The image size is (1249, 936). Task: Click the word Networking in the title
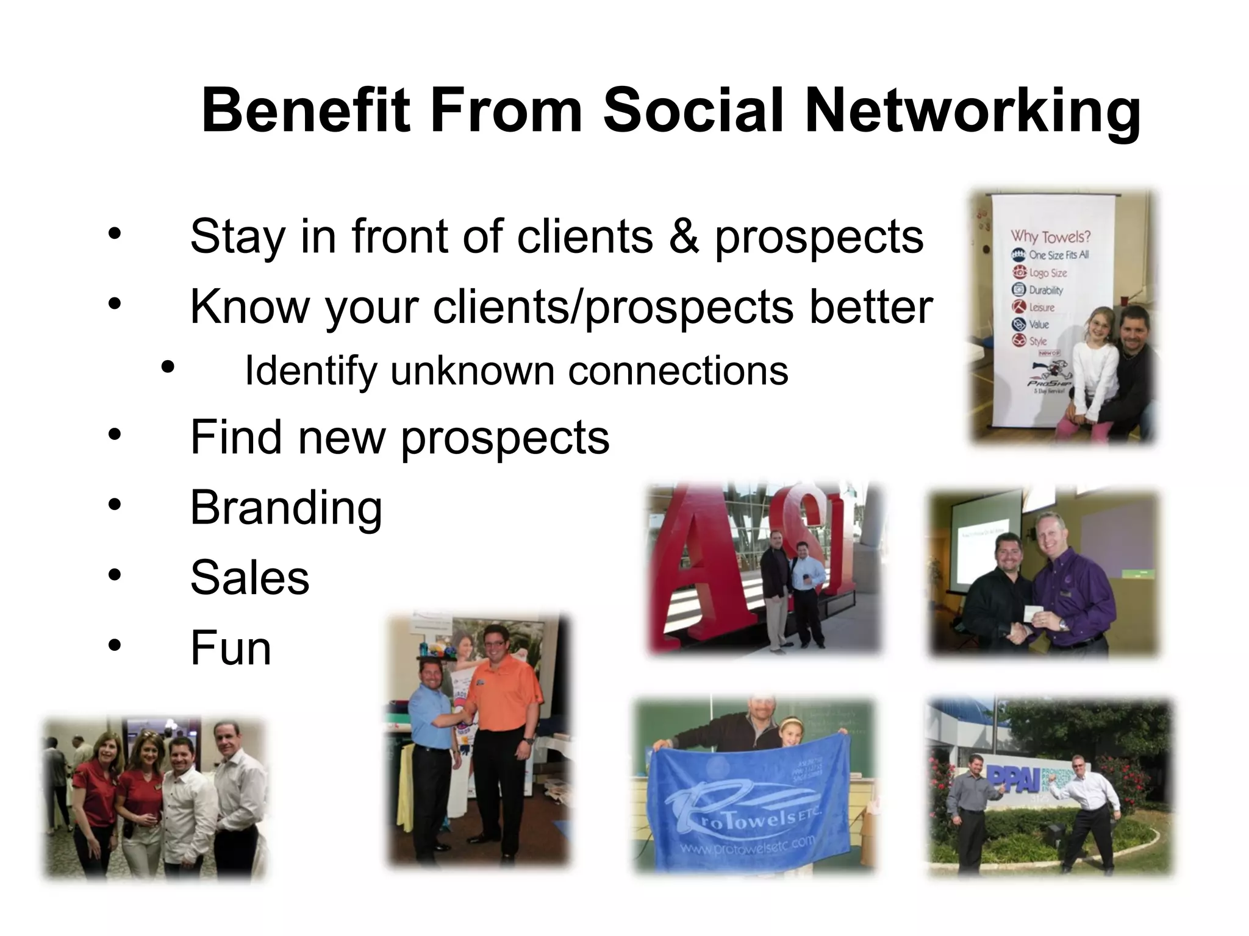(x=972, y=112)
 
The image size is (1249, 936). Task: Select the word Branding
(x=286, y=508)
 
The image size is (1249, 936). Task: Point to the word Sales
(x=249, y=578)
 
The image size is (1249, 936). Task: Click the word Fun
(x=231, y=648)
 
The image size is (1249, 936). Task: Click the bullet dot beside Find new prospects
(x=115, y=436)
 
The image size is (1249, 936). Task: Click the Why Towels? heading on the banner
(x=1050, y=236)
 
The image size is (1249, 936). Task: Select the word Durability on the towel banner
(x=1045, y=290)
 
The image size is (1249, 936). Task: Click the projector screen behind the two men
(x=982, y=542)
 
